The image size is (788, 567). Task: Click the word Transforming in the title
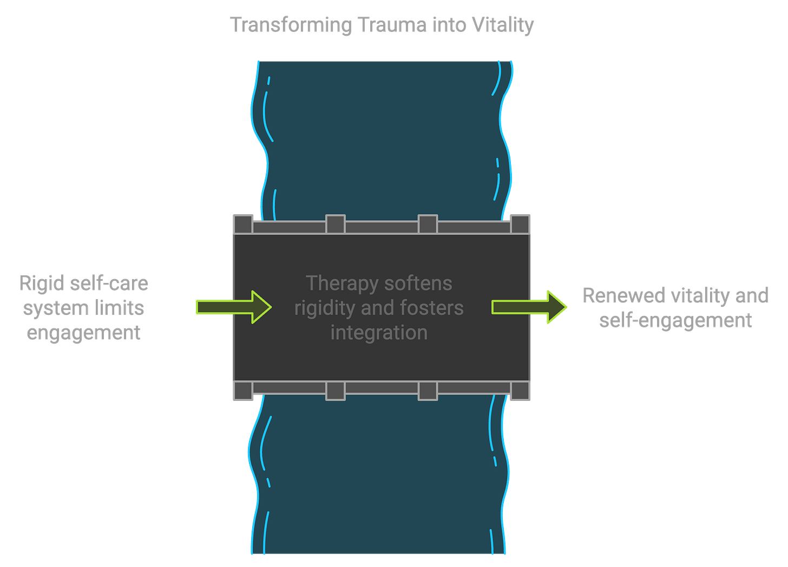(291, 25)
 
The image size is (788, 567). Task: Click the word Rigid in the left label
(41, 283)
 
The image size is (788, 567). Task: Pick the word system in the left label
(55, 308)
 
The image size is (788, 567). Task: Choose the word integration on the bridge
(379, 332)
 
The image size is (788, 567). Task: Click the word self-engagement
(675, 320)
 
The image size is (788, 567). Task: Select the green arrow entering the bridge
(233, 307)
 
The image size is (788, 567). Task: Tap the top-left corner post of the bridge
(243, 224)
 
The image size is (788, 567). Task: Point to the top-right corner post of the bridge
(520, 224)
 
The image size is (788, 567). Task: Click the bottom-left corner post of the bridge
(243, 391)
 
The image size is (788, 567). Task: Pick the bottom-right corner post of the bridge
(520, 391)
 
